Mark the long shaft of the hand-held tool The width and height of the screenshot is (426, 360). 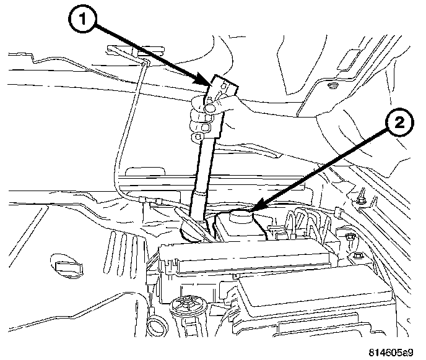(x=202, y=167)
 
